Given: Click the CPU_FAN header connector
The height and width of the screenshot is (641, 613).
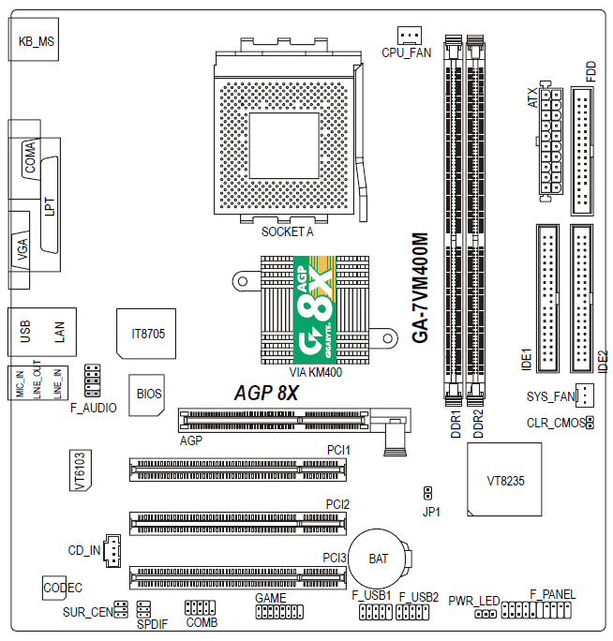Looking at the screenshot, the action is coord(409,36).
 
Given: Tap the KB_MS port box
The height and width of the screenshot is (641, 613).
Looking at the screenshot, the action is coord(34,39).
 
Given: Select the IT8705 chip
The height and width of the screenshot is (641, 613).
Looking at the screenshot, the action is coord(146,334).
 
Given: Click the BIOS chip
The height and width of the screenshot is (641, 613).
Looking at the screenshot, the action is coord(147,395).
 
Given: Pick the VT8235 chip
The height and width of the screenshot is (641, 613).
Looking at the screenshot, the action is coord(504,479).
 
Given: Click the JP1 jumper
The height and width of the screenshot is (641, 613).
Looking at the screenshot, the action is coord(427,493).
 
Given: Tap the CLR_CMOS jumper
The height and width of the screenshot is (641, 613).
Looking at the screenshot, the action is coord(590,423).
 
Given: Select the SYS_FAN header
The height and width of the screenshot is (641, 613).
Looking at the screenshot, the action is coord(585,395).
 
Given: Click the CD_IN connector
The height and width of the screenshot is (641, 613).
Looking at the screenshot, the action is coord(112,551).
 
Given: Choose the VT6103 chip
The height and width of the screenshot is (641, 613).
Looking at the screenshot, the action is coord(81,470).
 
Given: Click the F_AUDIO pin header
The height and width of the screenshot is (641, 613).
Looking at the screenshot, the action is coord(93,380).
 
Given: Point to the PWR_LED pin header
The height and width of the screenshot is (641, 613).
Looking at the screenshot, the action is coord(486,614).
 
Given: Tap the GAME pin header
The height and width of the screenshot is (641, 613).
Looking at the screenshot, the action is coord(279,612).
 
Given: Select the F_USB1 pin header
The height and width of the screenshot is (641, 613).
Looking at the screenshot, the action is coord(376,612).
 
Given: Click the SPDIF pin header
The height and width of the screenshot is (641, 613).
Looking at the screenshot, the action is coord(143,609).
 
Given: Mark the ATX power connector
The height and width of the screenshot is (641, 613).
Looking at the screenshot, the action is coord(550,142).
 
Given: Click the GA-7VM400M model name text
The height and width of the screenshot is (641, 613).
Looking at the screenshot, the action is coord(421,288).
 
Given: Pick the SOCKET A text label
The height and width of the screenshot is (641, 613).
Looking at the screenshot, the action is coord(288,231).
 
